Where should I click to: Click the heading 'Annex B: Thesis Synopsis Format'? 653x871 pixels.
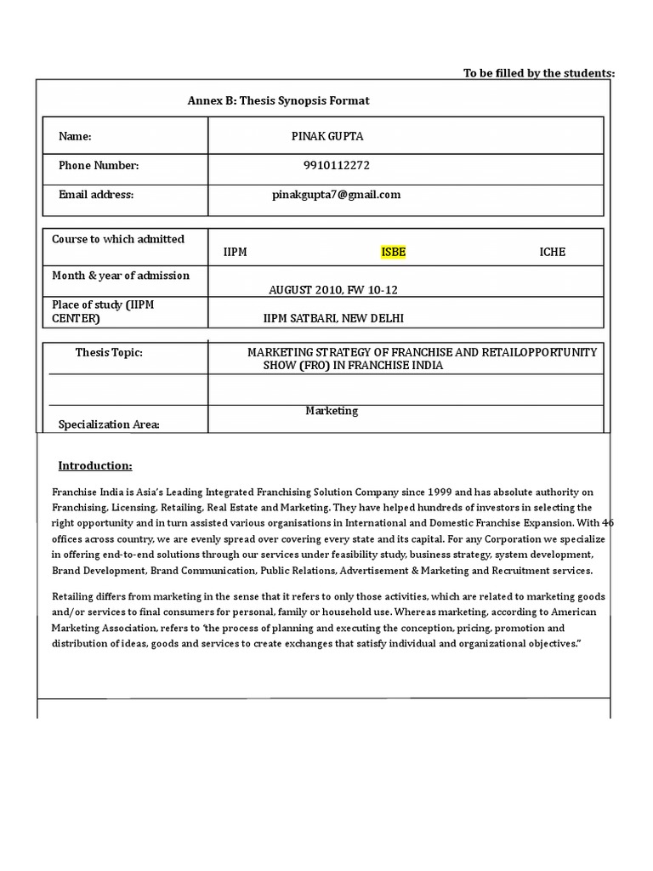tap(278, 100)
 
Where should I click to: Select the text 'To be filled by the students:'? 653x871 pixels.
tap(538, 73)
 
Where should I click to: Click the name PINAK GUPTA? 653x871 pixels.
tap(327, 136)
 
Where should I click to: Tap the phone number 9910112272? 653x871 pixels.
tap(336, 165)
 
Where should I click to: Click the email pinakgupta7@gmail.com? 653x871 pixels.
tap(336, 194)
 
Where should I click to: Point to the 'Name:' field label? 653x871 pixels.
tap(75, 136)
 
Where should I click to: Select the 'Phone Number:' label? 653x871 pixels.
tap(98, 165)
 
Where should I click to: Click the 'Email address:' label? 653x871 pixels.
tap(96, 194)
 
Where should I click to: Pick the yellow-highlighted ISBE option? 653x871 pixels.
tap(394, 252)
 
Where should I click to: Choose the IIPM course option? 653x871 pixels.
tap(235, 252)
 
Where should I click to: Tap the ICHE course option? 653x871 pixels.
tap(552, 252)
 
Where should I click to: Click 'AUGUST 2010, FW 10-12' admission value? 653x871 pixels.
tap(333, 290)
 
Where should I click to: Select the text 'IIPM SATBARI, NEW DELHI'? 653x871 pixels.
tap(333, 318)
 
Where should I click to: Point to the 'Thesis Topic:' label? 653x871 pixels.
tap(109, 352)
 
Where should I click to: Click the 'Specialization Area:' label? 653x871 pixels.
tap(109, 424)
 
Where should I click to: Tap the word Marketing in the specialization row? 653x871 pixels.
tap(332, 411)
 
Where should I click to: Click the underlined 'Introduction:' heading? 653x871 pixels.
tap(95, 465)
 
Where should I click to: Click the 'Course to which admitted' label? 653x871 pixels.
tap(118, 239)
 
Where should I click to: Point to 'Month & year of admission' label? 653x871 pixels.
tap(121, 276)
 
